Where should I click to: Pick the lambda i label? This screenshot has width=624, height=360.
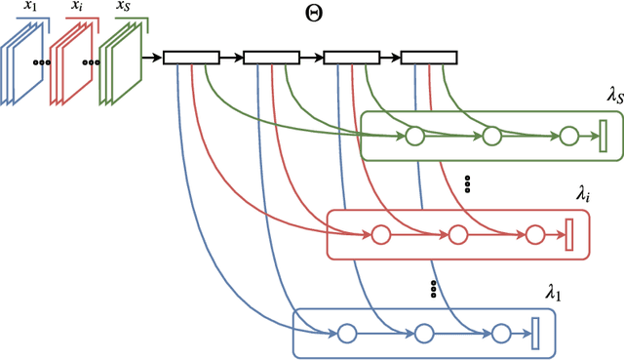click(583, 196)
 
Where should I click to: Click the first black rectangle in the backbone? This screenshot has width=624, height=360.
click(191, 59)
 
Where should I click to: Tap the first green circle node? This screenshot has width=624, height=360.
click(414, 136)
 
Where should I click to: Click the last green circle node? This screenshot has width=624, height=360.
click(567, 136)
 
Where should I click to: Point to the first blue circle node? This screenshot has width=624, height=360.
click(345, 334)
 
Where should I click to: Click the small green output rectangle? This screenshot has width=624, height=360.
click(603, 136)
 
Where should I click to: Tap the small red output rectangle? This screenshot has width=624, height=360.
click(570, 234)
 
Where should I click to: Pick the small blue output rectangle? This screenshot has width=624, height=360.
click(535, 334)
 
